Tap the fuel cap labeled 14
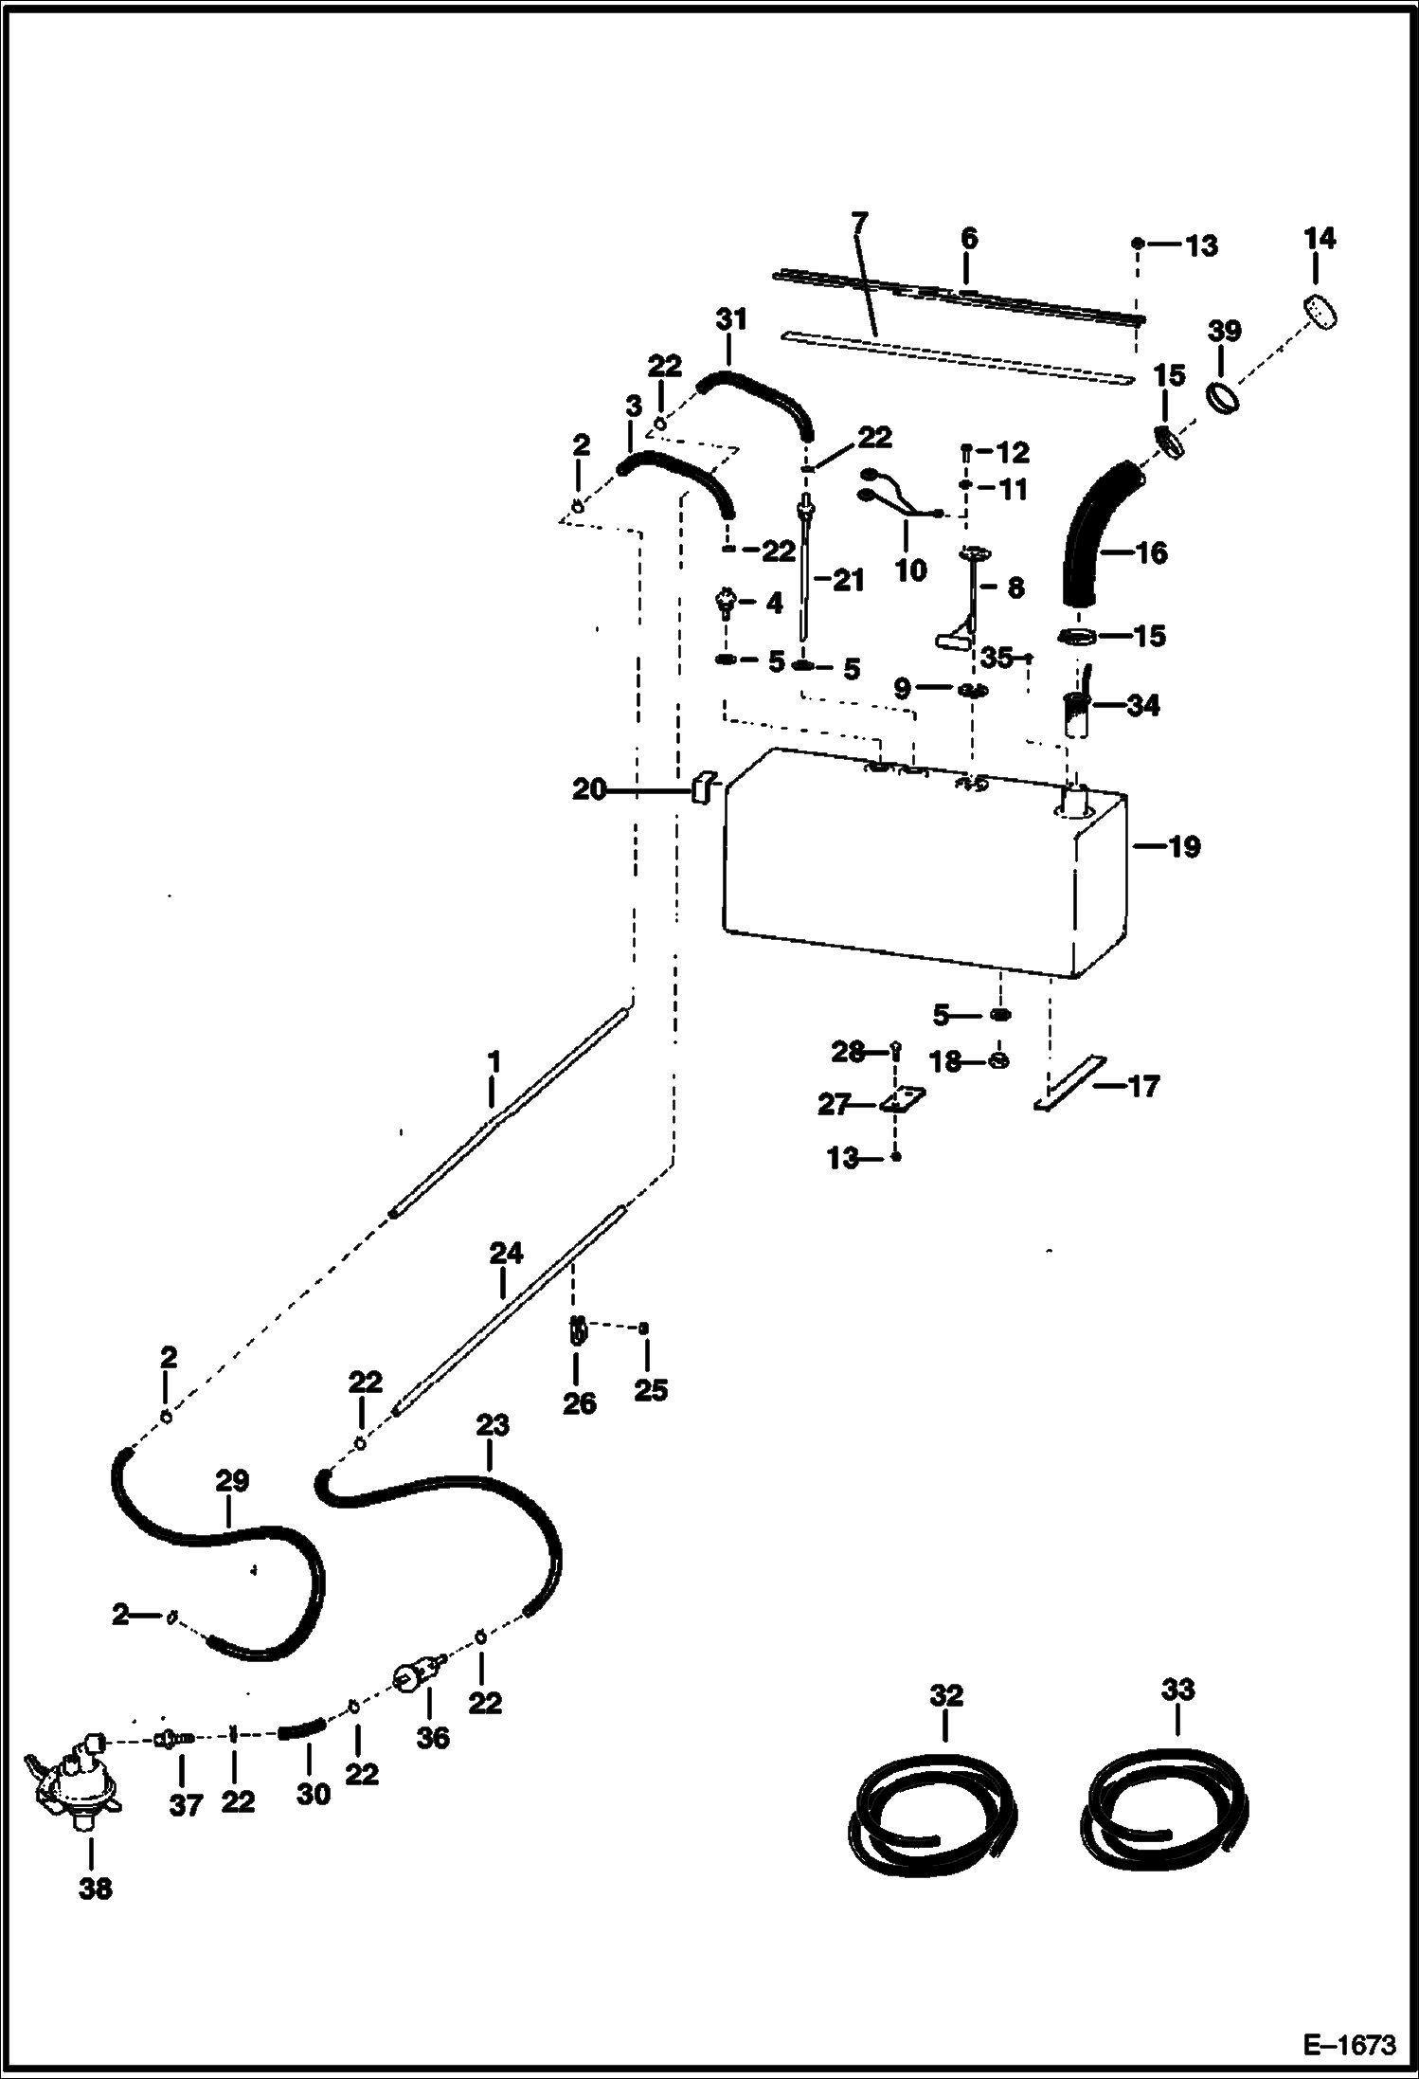(1318, 311)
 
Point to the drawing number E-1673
(1349, 2045)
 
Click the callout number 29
(232, 1480)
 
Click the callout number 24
(506, 1253)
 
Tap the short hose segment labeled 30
(301, 1731)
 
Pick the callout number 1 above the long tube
(493, 1061)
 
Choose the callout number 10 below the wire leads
(910, 569)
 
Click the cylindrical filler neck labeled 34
(1076, 715)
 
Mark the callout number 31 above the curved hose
(731, 319)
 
